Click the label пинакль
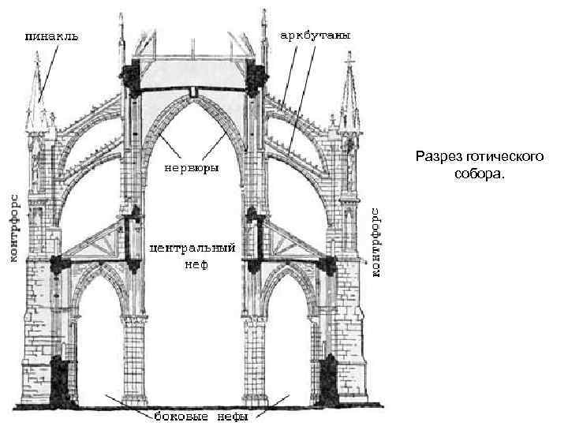tap(51, 36)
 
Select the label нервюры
tap(192, 168)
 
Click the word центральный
tap(192, 247)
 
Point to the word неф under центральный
tap(192, 265)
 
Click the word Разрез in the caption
tap(437, 157)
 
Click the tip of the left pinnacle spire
tap(38, 60)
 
